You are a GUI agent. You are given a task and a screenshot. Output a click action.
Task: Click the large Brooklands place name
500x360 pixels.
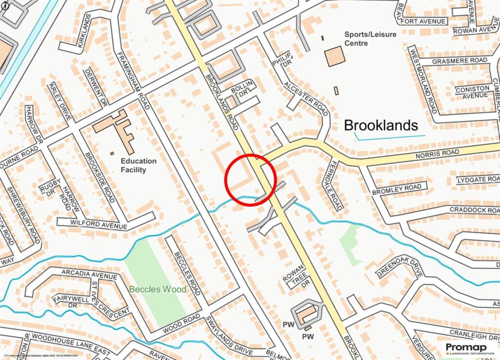pyautogui.click(x=381, y=126)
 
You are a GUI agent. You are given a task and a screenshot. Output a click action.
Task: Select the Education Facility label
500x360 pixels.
pyautogui.click(x=139, y=165)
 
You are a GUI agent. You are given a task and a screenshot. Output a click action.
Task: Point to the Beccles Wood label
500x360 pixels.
pyautogui.click(x=157, y=290)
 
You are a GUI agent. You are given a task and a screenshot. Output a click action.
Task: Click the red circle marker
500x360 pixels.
pyautogui.click(x=250, y=179)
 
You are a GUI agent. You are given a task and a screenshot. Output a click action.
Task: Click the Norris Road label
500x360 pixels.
pyautogui.click(x=444, y=153)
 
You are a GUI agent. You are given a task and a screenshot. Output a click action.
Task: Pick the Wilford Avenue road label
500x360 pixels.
pyautogui.click(x=92, y=225)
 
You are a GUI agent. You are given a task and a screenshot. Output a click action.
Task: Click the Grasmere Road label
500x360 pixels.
pyautogui.click(x=459, y=61)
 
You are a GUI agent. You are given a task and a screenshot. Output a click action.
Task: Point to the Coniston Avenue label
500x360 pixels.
pyautogui.click(x=472, y=92)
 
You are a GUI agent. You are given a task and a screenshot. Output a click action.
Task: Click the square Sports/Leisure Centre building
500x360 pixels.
pyautogui.click(x=334, y=56)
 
